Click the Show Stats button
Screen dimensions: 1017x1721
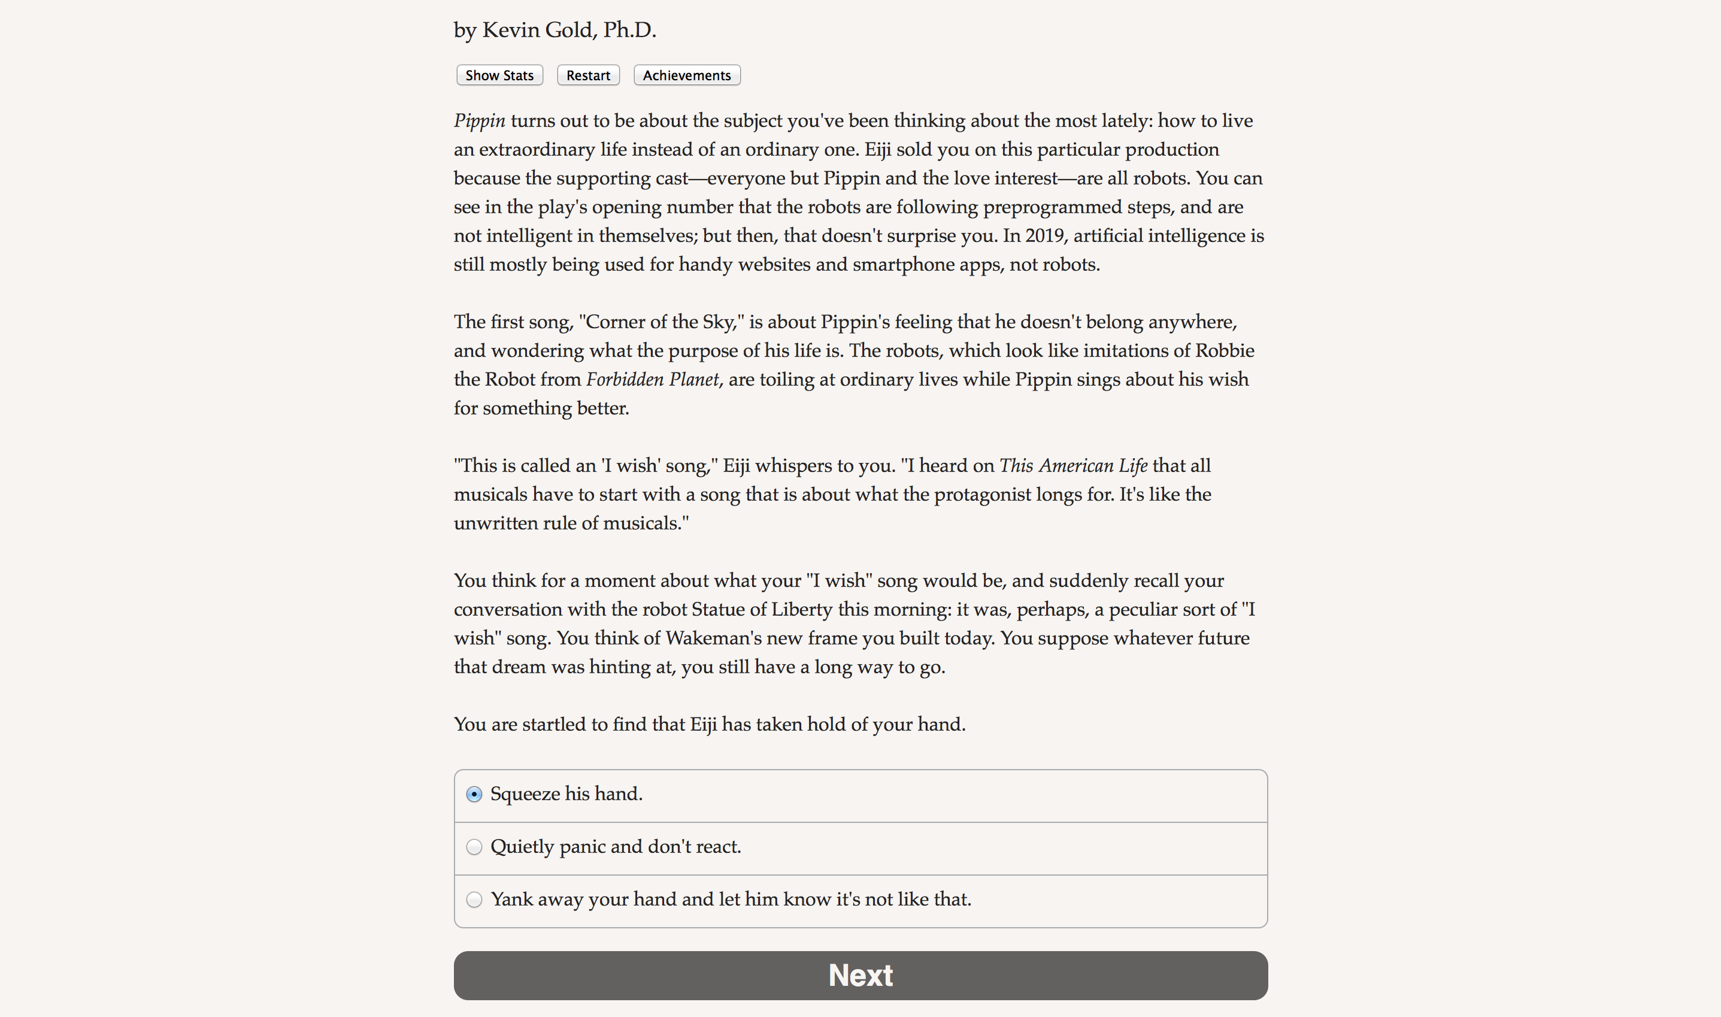(x=499, y=75)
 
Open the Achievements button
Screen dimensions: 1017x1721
(x=686, y=75)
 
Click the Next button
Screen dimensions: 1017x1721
(x=860, y=975)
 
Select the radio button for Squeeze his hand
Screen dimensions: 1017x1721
(x=474, y=794)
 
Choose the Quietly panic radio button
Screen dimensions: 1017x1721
(x=474, y=847)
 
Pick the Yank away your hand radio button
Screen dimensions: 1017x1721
(x=474, y=900)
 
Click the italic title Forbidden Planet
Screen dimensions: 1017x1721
(x=652, y=380)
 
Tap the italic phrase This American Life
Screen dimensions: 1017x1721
(x=1073, y=466)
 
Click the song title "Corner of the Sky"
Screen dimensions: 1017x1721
(x=661, y=322)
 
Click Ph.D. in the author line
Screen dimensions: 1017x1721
(x=629, y=30)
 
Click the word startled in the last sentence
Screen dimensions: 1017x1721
(x=553, y=724)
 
